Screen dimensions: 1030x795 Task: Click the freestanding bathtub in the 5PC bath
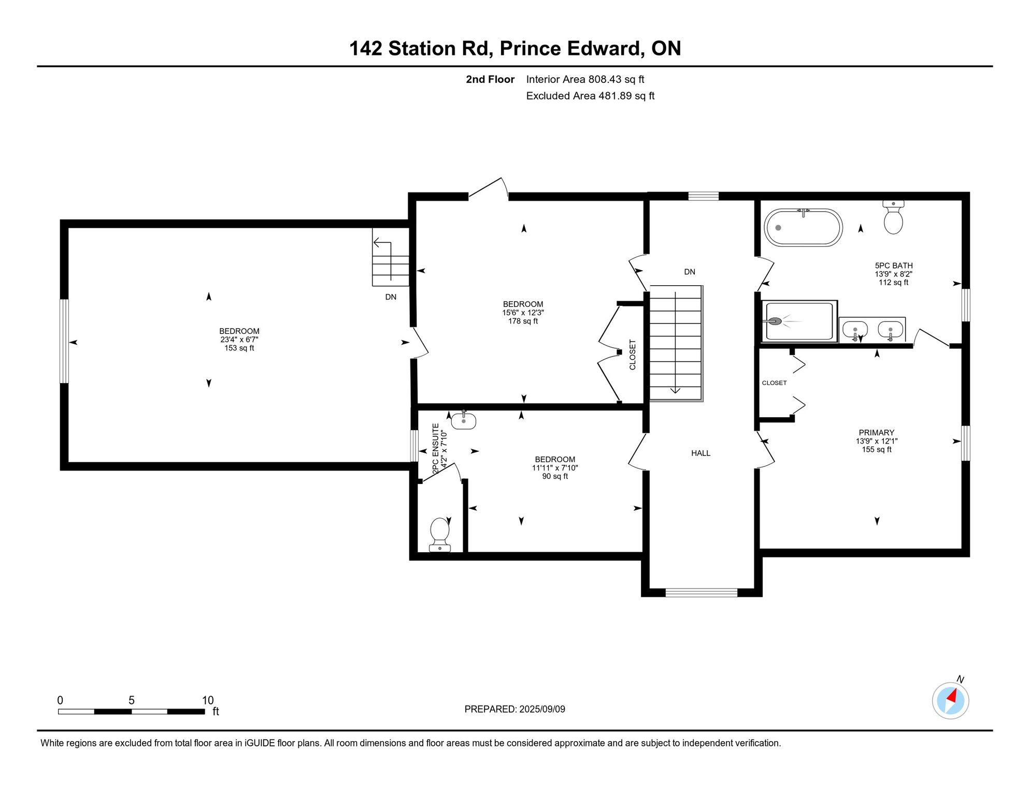pos(803,228)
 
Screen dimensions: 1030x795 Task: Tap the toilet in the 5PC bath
pos(893,217)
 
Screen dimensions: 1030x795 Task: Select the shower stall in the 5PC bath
pos(799,321)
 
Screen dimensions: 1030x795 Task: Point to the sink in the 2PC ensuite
pos(464,420)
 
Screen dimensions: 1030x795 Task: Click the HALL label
pos(700,453)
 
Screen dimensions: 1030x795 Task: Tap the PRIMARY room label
pos(877,433)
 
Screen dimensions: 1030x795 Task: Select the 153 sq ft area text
pos(239,348)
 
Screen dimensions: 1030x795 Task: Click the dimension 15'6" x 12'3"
pos(523,313)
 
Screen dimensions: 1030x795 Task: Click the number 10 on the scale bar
pos(208,700)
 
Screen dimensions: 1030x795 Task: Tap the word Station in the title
pos(422,49)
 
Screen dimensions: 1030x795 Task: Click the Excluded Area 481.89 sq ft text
pos(590,96)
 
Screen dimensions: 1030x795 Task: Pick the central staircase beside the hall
pos(676,343)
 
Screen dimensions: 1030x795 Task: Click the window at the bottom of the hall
pos(701,593)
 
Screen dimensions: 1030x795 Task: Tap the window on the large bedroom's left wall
pos(64,341)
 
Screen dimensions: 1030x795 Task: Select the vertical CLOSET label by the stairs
pos(632,355)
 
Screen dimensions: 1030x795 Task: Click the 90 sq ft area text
pos(555,476)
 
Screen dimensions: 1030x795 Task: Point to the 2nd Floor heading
pos(490,79)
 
